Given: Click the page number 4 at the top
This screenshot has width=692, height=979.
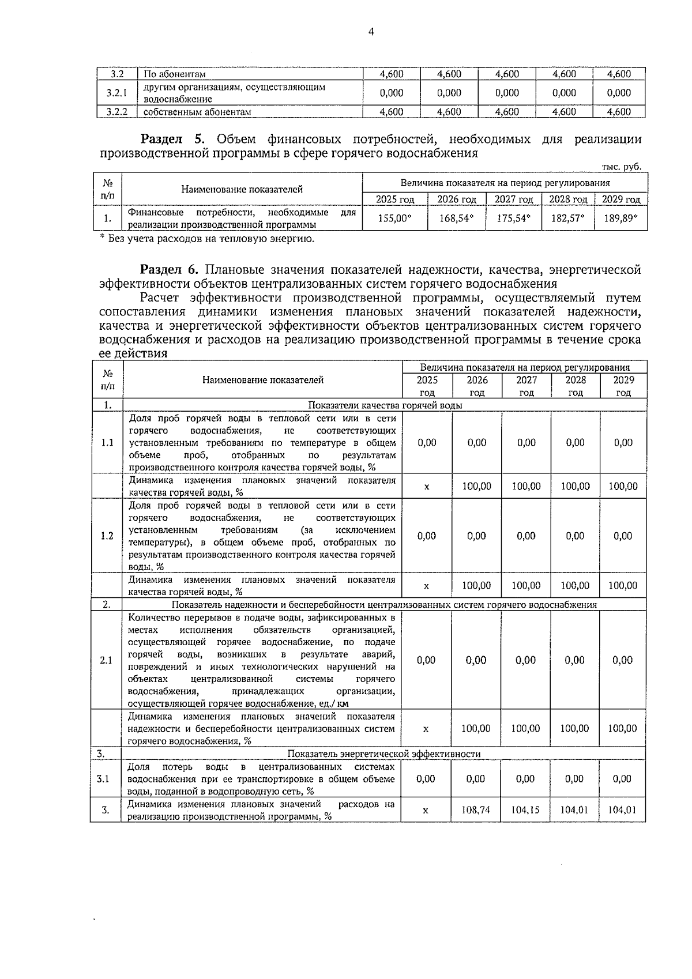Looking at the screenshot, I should coord(371,32).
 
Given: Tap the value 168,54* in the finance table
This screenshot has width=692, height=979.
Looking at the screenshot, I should coord(457,219).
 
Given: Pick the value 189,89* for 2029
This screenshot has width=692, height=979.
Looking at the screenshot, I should coord(620,219).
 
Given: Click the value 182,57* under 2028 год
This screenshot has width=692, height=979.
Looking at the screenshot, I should coord(567,219).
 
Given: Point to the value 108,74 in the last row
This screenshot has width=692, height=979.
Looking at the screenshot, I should coord(476,809).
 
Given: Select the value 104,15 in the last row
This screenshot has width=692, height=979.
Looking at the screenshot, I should coord(525,809).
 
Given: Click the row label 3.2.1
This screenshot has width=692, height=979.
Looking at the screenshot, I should coord(117,93).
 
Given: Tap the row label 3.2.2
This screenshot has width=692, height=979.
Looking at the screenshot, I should coord(117,112).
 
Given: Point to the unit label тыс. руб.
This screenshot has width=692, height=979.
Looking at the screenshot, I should coord(622,167).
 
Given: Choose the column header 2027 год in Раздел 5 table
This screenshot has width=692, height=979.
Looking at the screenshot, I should coord(514,199).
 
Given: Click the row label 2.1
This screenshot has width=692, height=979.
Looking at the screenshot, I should coord(106,660).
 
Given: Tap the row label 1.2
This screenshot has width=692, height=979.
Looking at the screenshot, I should coord(107,536).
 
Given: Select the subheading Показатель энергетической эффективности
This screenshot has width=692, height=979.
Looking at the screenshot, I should coord(384,754).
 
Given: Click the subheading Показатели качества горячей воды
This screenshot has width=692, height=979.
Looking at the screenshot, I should coord(385,405).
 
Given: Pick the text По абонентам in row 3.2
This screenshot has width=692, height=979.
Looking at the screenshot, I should coord(175,74).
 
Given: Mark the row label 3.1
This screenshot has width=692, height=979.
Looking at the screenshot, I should coord(103,779).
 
